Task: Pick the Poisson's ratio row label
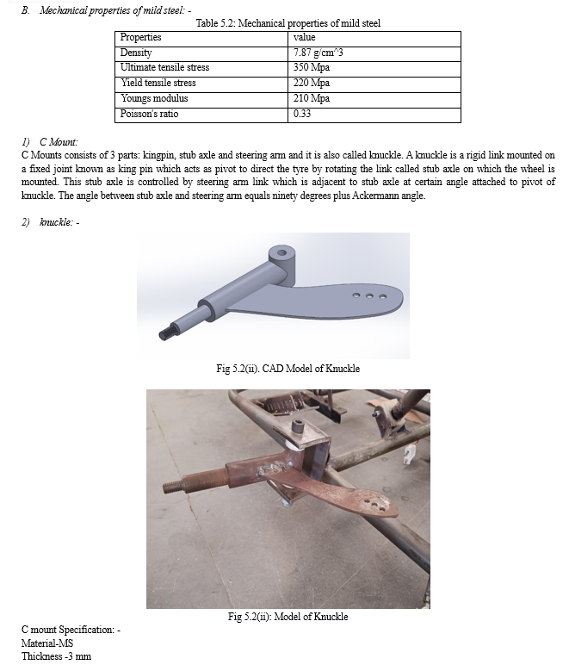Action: pos(149,114)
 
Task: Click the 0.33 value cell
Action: pos(302,114)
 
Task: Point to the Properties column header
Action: pos(140,37)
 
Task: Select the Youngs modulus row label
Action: pos(154,98)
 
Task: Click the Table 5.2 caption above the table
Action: pos(288,23)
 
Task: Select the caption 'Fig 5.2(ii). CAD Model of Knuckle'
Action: pos(288,369)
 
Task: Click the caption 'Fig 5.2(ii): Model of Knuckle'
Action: pos(288,616)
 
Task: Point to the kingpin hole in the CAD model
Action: pos(281,253)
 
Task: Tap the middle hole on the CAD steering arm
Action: pos(368,295)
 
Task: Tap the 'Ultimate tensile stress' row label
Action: pos(164,67)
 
